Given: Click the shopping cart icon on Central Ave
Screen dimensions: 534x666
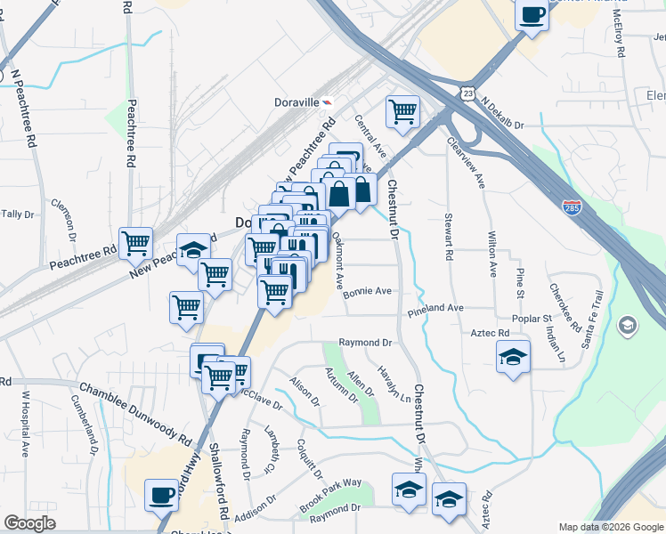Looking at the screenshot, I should tap(402, 112).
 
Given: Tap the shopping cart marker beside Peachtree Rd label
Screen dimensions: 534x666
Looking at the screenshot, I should tap(135, 242).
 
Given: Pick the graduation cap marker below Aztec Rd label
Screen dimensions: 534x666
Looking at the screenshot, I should tap(513, 357).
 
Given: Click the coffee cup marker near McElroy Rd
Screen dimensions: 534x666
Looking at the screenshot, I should tap(532, 15).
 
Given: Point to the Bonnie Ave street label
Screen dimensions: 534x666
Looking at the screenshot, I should tap(368, 291).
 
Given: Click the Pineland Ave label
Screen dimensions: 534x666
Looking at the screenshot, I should tap(436, 308).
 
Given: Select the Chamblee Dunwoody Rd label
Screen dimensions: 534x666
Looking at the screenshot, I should tap(135, 414).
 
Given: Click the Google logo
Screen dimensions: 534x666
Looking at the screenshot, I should tap(28, 523).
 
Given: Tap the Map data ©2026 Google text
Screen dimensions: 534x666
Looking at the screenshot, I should tap(610, 527).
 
